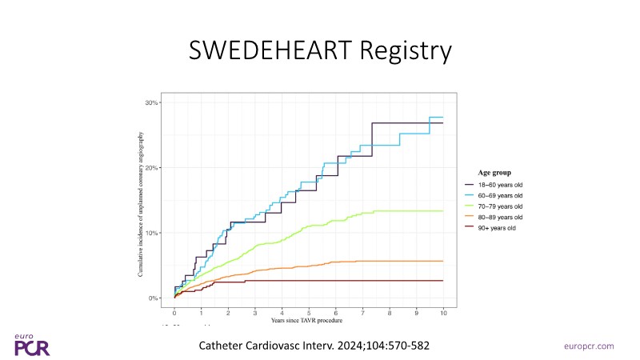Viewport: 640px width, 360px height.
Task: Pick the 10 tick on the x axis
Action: click(x=442, y=314)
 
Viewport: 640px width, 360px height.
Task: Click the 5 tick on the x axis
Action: click(x=309, y=314)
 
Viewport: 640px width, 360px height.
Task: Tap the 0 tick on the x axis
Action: click(x=174, y=314)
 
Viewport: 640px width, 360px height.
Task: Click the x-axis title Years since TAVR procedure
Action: click(x=308, y=321)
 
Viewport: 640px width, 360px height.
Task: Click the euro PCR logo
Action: click(x=32, y=345)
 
